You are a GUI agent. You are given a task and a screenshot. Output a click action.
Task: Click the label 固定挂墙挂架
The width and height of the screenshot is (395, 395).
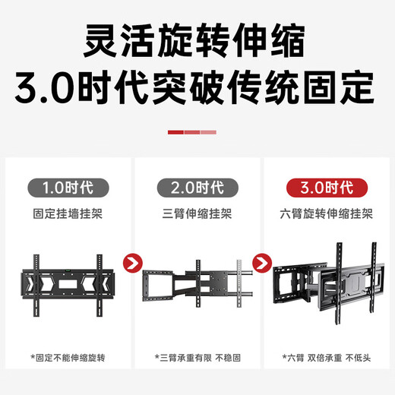click(69, 213)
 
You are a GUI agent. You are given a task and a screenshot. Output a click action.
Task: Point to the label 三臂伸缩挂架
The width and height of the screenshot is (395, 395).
click(197, 213)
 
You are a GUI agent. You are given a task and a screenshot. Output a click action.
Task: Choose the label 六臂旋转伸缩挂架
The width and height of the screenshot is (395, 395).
click(326, 213)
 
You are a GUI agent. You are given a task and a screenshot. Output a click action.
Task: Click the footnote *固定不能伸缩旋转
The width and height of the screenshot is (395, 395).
click(69, 356)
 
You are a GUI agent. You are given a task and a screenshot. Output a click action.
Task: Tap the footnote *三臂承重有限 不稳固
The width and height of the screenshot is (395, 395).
click(197, 356)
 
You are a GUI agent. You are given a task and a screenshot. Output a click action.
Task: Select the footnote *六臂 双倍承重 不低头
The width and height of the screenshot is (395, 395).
click(326, 356)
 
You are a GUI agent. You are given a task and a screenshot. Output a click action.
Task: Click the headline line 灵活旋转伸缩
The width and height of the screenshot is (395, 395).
click(197, 39)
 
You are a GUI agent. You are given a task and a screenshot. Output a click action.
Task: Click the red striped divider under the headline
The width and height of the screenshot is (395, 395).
click(192, 131)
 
